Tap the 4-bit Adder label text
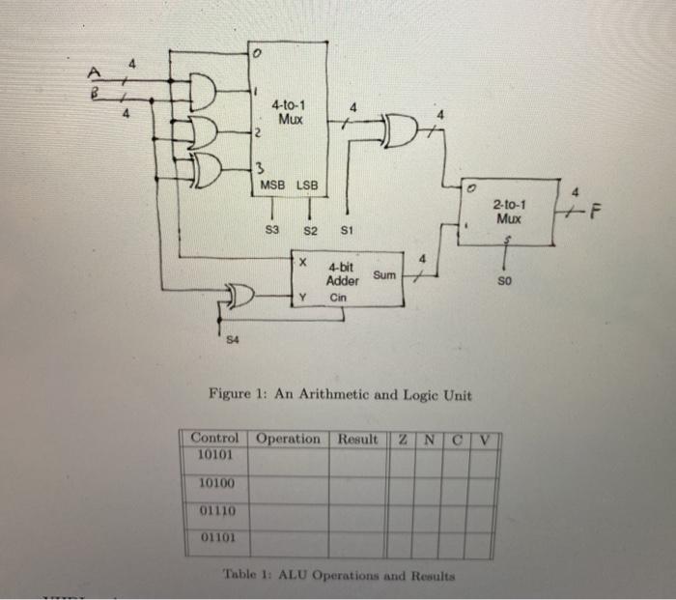pos(343,274)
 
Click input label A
pos(95,72)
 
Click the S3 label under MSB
pos(272,231)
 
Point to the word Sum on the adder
pos(384,275)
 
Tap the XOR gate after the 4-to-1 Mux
pos(401,129)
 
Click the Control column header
pos(214,439)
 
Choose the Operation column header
pos(289,439)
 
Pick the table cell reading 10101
pos(213,453)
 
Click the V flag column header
pos(489,440)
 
